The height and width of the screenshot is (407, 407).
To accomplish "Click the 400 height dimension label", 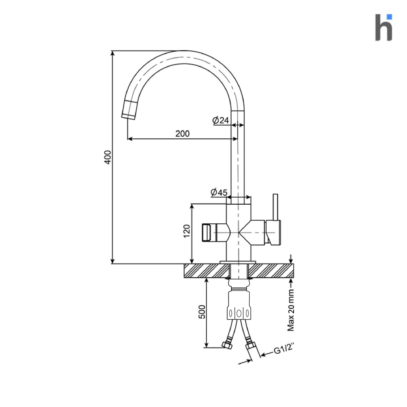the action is coord(108,157).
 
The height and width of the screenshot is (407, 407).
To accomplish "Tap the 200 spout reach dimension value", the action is coord(182,134).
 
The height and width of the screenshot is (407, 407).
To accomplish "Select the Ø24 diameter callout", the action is coord(221,120).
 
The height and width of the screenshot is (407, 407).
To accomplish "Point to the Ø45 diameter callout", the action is coord(219,192).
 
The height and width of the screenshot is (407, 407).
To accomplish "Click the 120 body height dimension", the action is coord(187,231).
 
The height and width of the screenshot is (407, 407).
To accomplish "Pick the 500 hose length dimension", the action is coord(202,312).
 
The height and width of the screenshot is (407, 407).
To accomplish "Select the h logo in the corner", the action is coord(384,27).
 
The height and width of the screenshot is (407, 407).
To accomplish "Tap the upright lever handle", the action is coord(275,207).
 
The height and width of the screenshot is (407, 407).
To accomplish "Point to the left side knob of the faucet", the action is coord(207,233).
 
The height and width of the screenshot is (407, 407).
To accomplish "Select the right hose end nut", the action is coord(251,346).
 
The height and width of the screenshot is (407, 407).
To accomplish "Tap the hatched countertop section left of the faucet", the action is coord(206,271).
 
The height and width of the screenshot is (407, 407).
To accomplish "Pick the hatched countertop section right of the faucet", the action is coord(271,271).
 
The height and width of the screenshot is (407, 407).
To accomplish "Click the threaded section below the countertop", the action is coord(239,289).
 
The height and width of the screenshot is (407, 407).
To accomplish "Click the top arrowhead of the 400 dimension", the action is coord(112,53).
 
